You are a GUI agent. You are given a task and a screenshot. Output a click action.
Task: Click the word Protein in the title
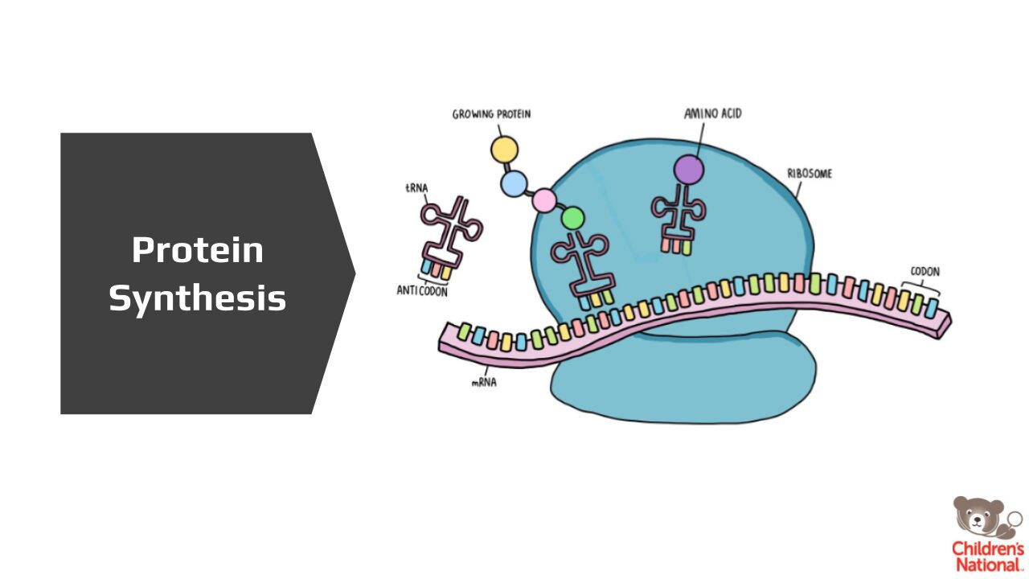[198, 250]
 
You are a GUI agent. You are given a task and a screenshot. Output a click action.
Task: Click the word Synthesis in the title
[198, 299]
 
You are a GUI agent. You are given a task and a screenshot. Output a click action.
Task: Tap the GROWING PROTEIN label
[491, 114]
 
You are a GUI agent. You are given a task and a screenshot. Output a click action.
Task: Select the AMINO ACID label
[712, 113]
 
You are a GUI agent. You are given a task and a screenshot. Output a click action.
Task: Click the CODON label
[924, 272]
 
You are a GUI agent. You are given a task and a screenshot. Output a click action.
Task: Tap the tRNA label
[416, 188]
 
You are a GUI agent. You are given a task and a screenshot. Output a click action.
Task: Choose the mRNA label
[484, 382]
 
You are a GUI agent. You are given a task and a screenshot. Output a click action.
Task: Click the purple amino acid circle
[688, 170]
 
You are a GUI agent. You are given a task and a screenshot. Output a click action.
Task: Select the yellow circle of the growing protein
[505, 149]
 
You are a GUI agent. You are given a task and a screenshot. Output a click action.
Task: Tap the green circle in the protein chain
[572, 217]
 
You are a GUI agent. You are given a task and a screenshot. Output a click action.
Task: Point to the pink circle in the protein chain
[544, 199]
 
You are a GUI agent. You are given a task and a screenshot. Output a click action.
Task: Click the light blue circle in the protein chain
[514, 184]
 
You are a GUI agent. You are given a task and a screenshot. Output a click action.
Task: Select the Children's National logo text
[988, 556]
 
